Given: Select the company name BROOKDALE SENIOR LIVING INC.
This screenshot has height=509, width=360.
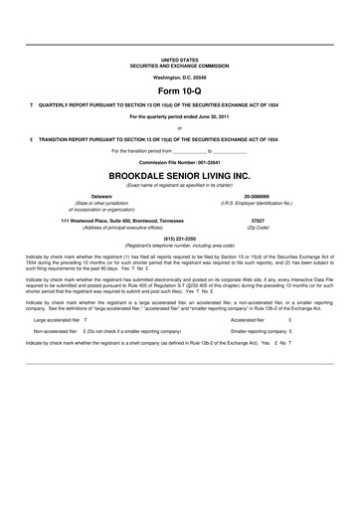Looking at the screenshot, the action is (179, 172).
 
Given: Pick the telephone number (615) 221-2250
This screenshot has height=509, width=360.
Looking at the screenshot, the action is (179, 239).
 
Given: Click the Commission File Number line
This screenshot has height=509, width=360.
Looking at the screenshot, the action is (179, 160).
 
